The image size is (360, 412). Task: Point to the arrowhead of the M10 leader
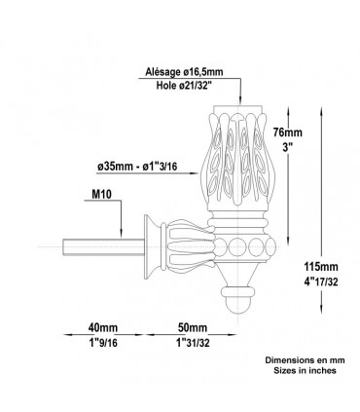pyautogui.click(x=120, y=234)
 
